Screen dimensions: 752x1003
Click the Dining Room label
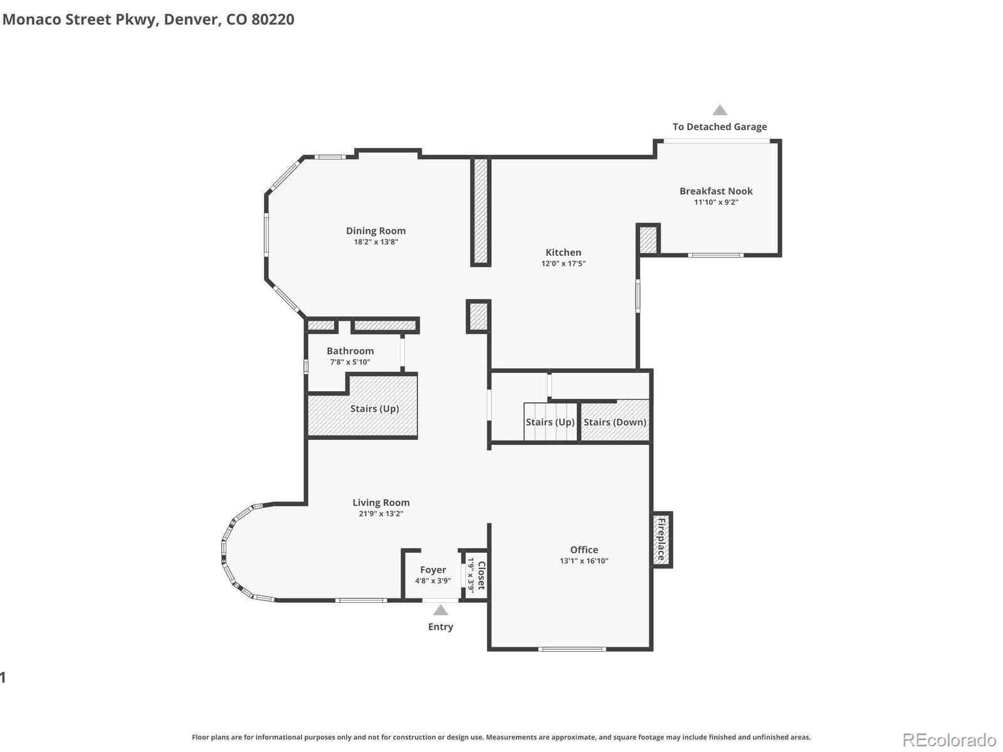375,231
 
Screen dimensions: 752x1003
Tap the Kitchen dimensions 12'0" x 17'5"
563,264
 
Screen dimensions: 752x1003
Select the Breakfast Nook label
716,191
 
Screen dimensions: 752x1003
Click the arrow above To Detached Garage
720,110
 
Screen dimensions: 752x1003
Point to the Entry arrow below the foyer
441,610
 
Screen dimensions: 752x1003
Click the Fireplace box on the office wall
661,540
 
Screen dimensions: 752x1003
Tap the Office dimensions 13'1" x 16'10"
584,561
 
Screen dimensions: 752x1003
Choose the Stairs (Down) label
614,422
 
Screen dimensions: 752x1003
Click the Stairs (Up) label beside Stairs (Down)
550,422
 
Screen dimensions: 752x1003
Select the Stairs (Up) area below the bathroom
374,409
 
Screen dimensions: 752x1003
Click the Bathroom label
350,351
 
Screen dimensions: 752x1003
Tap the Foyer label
433,570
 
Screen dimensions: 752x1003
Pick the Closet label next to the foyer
481,575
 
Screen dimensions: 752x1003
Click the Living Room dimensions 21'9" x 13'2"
381,514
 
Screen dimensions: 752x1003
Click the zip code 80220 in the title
273,19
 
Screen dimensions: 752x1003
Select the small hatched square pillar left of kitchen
478,316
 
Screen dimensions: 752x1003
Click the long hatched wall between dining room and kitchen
480,211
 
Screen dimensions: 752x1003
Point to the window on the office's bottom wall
572,649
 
